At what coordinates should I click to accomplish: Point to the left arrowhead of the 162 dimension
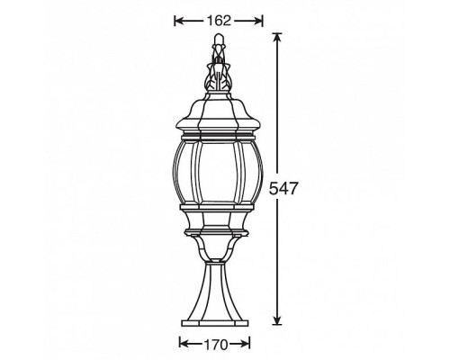point(177,20)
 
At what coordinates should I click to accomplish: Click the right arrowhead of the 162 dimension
point(259,20)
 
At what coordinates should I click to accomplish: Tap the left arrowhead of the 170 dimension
point(184,344)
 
